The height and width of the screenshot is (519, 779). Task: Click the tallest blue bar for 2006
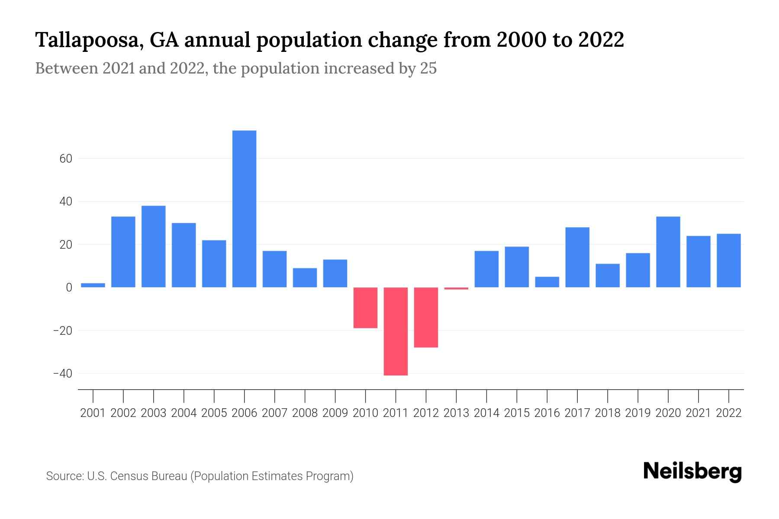[x=244, y=208]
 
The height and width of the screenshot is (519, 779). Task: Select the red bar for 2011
[x=396, y=331]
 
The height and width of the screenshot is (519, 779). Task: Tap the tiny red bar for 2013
[x=456, y=288]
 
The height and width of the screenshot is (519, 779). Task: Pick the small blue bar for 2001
[x=93, y=285]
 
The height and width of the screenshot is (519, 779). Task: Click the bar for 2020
[x=668, y=252]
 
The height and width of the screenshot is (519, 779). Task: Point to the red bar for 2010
[x=365, y=308]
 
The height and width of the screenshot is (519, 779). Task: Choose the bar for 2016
[x=547, y=282]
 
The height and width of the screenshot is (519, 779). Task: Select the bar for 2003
[x=154, y=246]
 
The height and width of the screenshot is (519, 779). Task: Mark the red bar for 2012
[x=426, y=317]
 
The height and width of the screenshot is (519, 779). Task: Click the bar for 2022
[x=728, y=260]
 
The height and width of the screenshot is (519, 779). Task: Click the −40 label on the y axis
[x=62, y=373]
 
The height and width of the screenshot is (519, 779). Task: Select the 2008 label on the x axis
[x=305, y=413]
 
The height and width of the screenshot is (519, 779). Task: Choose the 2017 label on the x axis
[x=577, y=413]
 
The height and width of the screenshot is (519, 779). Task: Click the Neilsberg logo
[x=692, y=471]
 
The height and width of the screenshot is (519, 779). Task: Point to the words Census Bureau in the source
[x=149, y=476]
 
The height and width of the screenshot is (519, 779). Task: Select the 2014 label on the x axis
[x=486, y=413]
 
